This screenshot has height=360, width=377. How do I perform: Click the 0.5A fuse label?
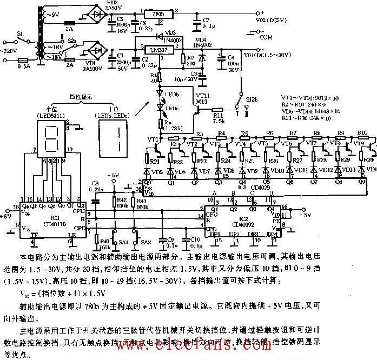click(22, 66)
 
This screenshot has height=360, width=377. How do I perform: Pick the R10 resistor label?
click(362, 132)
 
